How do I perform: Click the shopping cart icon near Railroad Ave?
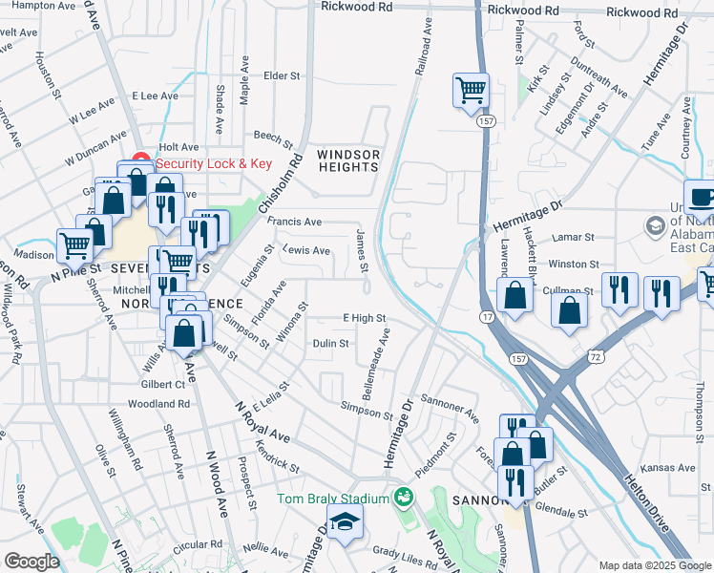[x=471, y=91]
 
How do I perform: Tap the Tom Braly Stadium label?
[x=333, y=499]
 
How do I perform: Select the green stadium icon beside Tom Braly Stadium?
[x=404, y=498]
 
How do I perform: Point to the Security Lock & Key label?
[x=215, y=163]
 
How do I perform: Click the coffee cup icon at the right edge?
[x=702, y=198]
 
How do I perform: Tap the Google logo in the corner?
[x=31, y=562]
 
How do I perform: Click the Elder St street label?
[x=282, y=75]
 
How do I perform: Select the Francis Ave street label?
[x=294, y=221]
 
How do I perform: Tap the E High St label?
[x=364, y=318]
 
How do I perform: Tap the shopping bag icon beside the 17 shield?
[x=514, y=297]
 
